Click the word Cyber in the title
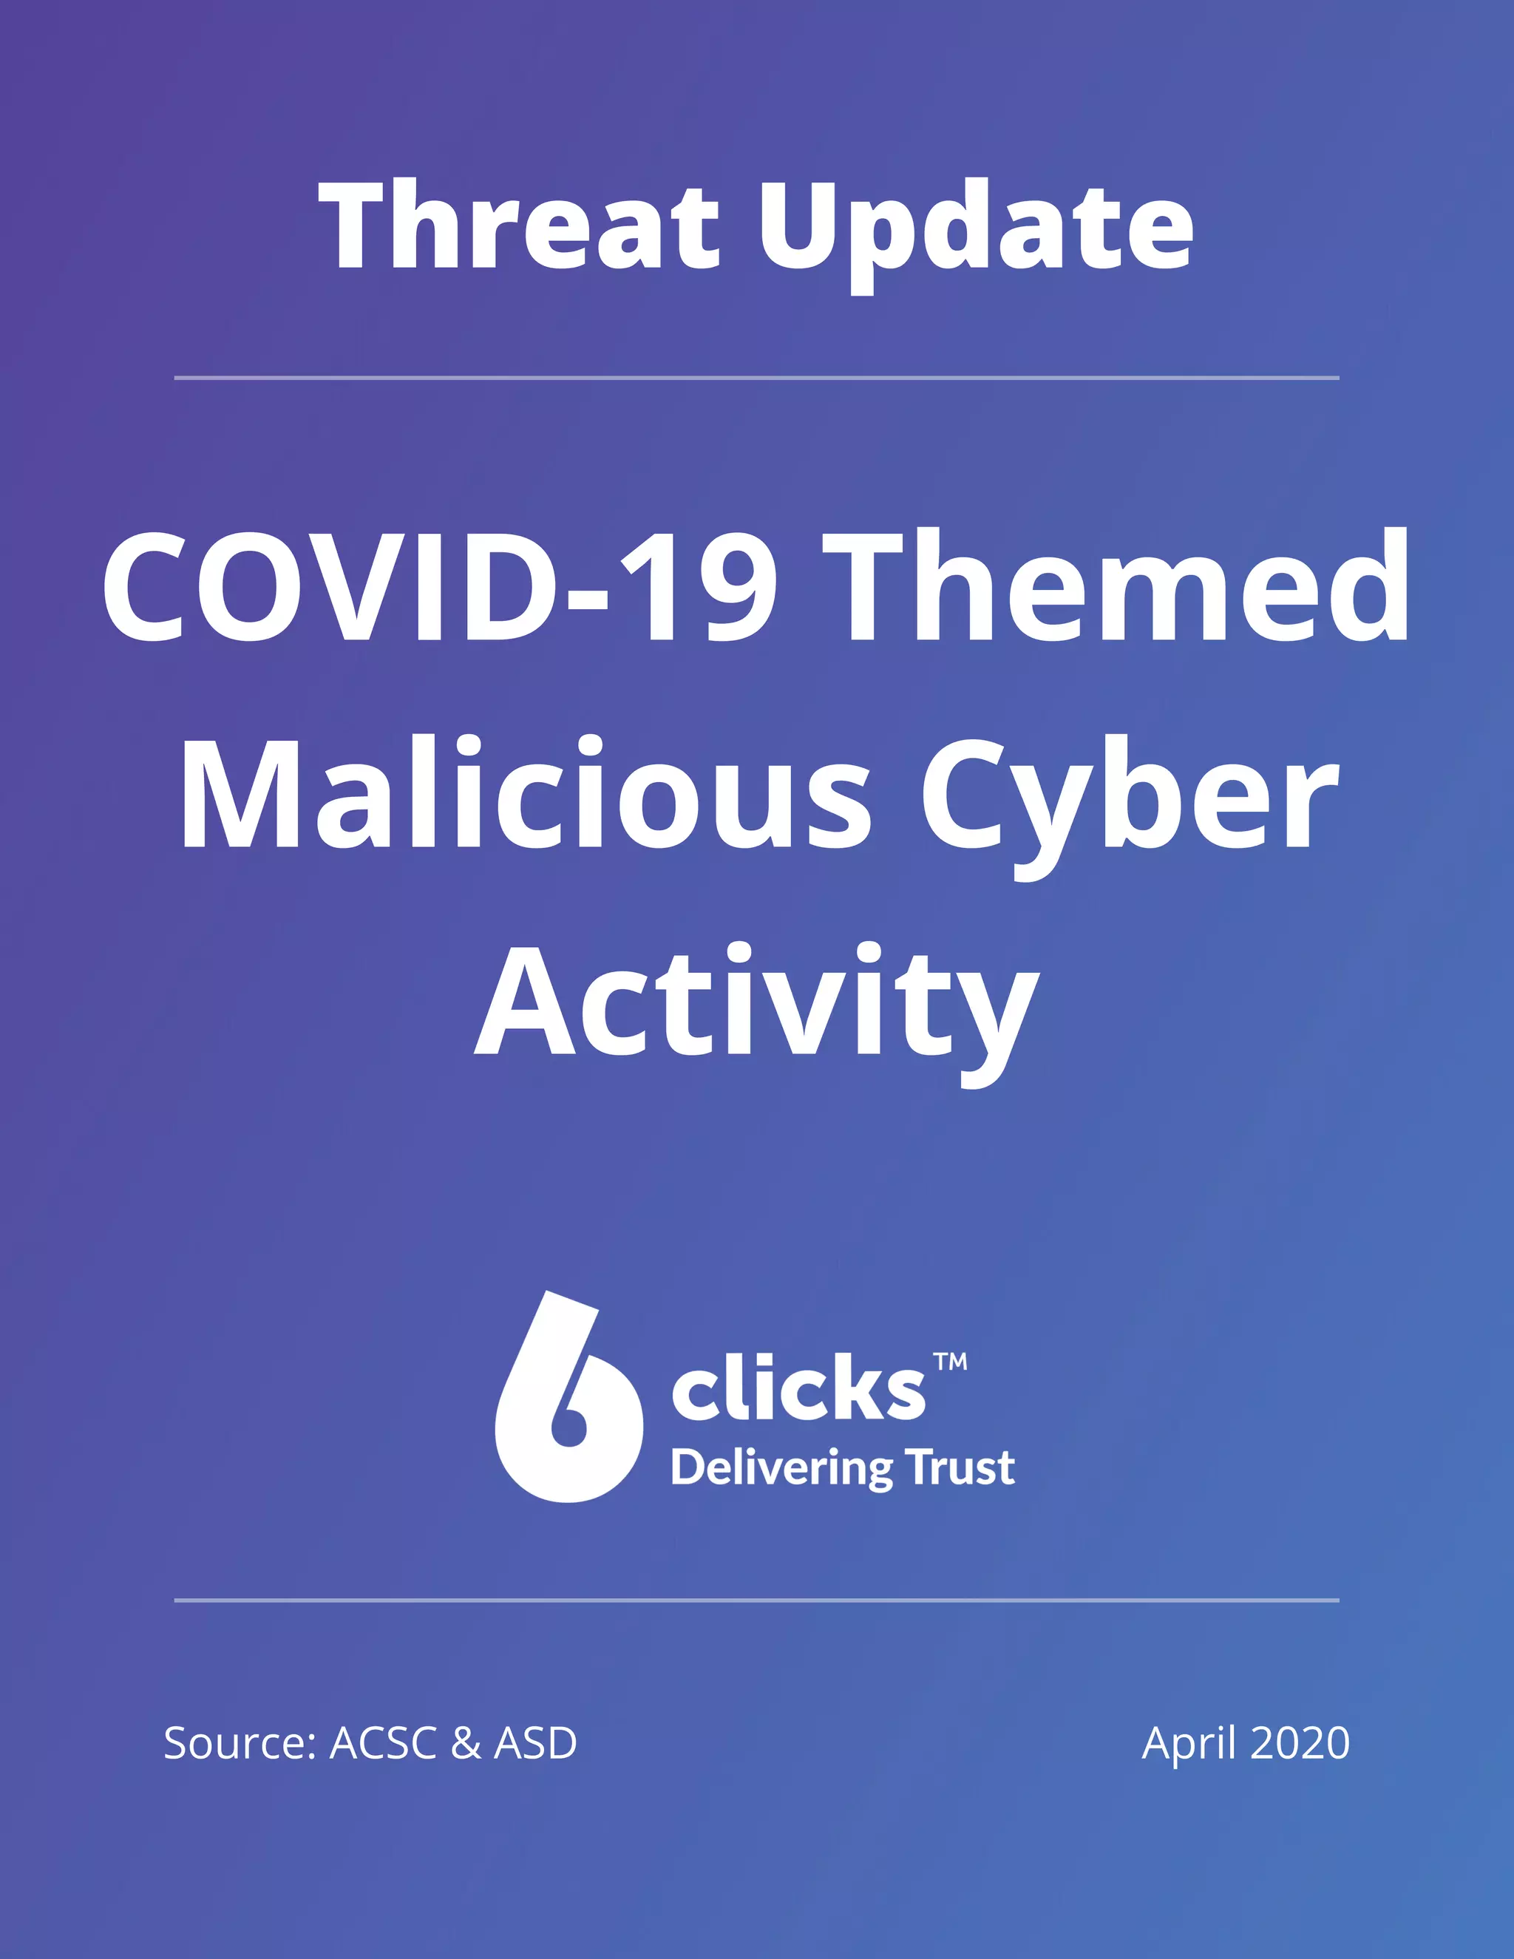coord(1130,798)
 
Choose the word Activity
coord(757,1005)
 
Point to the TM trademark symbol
coord(951,1362)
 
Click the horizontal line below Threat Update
coord(757,378)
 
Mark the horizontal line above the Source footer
coord(757,1599)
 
